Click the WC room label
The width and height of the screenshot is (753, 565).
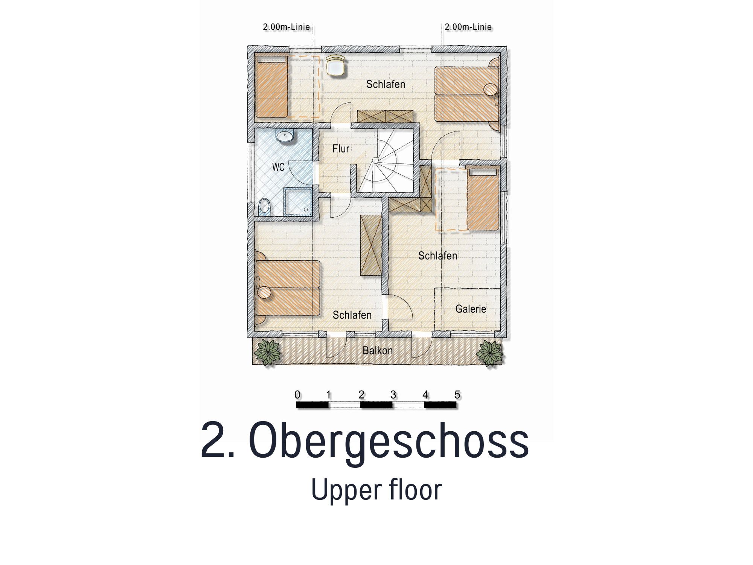[278, 167]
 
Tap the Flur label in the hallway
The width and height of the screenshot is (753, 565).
[341, 149]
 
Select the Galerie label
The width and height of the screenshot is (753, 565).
[471, 309]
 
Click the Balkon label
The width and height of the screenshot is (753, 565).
[378, 351]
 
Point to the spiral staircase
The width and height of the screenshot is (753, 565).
[385, 160]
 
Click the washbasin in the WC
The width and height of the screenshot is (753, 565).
[285, 136]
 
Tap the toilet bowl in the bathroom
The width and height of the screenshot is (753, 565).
[265, 206]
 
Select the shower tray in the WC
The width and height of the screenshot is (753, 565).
[298, 202]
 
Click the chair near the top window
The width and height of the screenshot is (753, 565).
[336, 66]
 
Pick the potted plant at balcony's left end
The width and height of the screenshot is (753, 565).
[268, 352]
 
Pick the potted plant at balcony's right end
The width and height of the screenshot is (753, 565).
[489, 353]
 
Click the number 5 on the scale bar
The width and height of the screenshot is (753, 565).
[457, 395]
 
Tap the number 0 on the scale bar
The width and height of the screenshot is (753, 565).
[297, 395]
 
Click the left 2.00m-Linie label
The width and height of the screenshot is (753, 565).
[286, 27]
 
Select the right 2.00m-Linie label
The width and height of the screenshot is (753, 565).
[468, 27]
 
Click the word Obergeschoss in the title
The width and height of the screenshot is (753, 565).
[389, 441]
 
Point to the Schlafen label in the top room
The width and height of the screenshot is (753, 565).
[386, 84]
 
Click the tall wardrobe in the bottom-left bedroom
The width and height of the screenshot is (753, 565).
[371, 245]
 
